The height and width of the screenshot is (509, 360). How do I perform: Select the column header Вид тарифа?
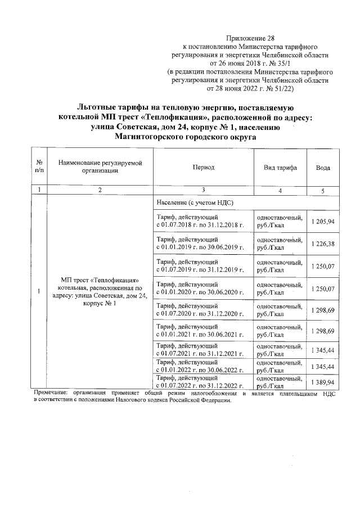pos(280,168)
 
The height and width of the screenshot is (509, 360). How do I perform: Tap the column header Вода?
pos(323,168)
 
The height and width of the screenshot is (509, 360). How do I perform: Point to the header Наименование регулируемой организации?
pos(100,167)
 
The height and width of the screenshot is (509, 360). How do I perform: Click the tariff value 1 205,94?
pos(323,222)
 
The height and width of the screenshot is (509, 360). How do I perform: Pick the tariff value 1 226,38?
pos(323,244)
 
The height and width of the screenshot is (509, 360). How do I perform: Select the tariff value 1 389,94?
pos(323,382)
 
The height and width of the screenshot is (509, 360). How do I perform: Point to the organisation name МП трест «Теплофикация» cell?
pos(99,291)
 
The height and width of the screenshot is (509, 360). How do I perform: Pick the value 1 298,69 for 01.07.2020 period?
pos(323,310)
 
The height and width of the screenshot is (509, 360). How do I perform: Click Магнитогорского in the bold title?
pos(152,136)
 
